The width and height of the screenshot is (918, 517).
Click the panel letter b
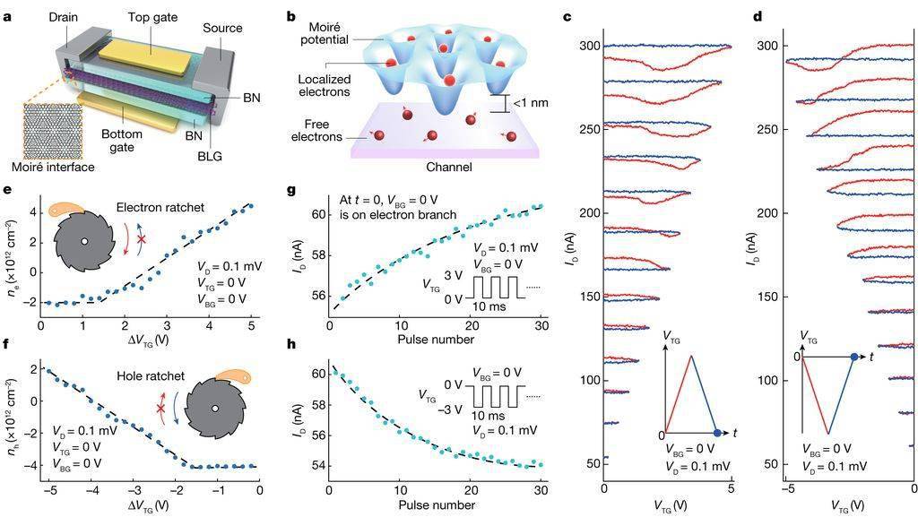click(291, 16)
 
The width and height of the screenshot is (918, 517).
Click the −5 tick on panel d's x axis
click(788, 490)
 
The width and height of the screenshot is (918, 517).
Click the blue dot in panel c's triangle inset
click(715, 431)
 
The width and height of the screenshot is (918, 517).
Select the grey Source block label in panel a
click(222, 29)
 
